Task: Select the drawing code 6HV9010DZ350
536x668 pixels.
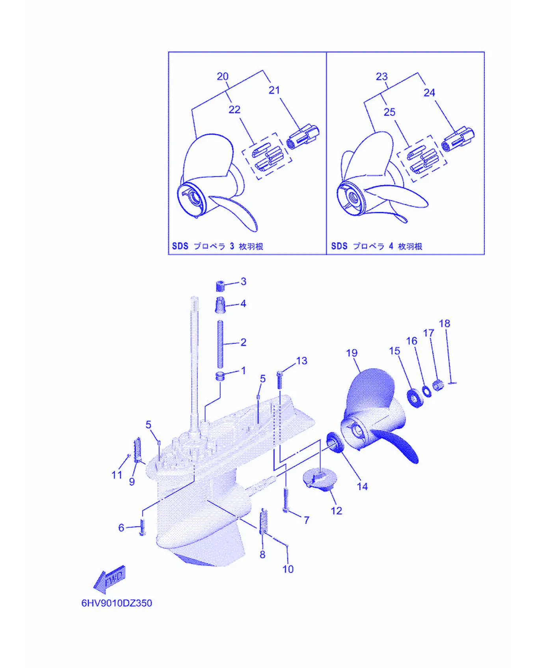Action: tap(117, 603)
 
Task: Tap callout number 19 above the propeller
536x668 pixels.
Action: tap(352, 353)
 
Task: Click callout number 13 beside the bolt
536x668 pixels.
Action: tap(301, 361)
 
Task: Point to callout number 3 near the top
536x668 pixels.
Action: tap(244, 282)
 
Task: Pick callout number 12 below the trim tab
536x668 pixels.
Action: tap(336, 511)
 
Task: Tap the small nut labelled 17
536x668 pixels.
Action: tap(438, 385)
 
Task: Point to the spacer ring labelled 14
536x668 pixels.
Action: tap(335, 442)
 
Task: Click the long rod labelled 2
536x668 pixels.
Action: tap(220, 344)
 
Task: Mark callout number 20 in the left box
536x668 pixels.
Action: tap(223, 77)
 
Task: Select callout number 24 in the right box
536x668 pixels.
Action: tap(429, 93)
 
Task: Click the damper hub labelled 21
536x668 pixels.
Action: tap(303, 136)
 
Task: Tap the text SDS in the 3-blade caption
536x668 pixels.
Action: tap(180, 246)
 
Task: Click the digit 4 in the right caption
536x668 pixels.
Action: tap(391, 246)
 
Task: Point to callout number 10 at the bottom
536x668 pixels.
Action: tap(288, 569)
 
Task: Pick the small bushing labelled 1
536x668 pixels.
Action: tap(220, 376)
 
